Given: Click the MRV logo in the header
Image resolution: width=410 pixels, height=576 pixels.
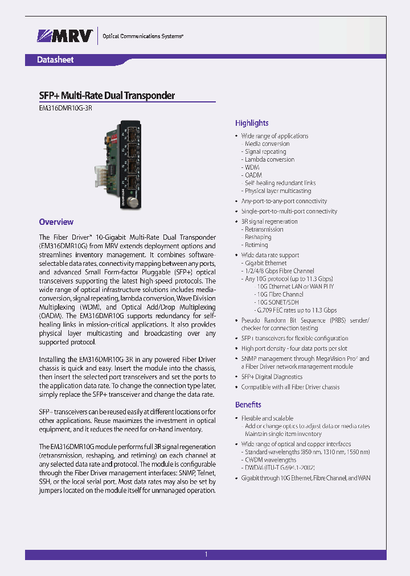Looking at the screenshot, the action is pos(65,36).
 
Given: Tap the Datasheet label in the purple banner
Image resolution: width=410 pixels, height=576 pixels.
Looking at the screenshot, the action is pos(55,60).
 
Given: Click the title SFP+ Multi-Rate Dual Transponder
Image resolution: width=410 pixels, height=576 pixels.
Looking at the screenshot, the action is pos(106,96).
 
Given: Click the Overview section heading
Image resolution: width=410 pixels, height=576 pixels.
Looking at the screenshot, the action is pos(56,222).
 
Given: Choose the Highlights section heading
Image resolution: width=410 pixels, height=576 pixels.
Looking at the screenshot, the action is pos(252,123).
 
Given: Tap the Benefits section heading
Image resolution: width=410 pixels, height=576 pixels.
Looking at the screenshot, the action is pos(248,405).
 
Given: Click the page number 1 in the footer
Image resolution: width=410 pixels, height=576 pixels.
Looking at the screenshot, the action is pos(206,554).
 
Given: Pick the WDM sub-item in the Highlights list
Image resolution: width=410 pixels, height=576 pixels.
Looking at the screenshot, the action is pos(252,167).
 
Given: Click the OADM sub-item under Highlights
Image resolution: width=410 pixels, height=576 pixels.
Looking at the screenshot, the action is pos(253,175).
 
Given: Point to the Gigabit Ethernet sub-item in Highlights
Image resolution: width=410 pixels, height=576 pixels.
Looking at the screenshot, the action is pos(266,263).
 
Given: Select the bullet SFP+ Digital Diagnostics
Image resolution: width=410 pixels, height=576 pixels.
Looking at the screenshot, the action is pos(272,377).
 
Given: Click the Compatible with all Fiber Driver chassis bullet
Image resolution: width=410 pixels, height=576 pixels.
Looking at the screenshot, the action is pos(290,387).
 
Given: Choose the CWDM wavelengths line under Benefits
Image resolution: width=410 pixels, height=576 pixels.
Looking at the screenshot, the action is pos(270,459).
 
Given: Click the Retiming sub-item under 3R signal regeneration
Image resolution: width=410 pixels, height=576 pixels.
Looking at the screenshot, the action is pos(256,245).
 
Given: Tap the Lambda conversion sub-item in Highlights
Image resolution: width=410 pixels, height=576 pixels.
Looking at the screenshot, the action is pos(269,159).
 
